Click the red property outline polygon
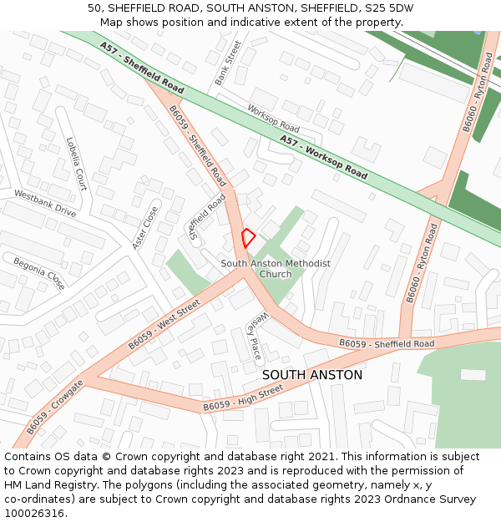pyautogui.click(x=247, y=236)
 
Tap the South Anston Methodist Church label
pyautogui.click(x=276, y=269)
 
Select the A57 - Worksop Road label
pyautogui.click(x=324, y=157)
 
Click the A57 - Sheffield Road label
pyautogui.click(x=141, y=68)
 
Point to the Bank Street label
pyautogui.click(x=227, y=63)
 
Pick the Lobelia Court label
pyautogui.click(x=76, y=163)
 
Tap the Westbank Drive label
pyautogui.click(x=45, y=204)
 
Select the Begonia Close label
pyautogui.click(x=38, y=273)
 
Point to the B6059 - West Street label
pyautogui.click(x=164, y=326)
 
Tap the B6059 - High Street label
pyautogui.click(x=243, y=398)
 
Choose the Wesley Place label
pyautogui.click(x=256, y=335)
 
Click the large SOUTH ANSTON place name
pyautogui.click(x=312, y=375)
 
